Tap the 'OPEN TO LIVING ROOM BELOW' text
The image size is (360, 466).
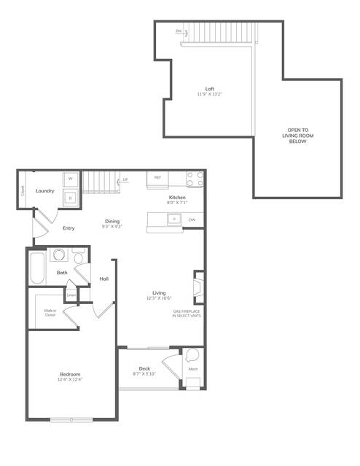click(x=297, y=136)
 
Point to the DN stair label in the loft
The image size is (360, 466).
click(x=179, y=31)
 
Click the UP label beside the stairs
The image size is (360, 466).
click(x=125, y=179)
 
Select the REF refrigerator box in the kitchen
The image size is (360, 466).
click(x=158, y=177)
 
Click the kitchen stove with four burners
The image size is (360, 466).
click(x=195, y=179)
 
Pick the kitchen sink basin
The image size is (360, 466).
click(x=175, y=219)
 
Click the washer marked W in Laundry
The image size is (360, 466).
click(x=71, y=179)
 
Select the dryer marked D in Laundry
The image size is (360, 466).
click(x=71, y=196)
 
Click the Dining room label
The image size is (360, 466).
click(x=112, y=221)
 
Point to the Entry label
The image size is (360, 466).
click(x=69, y=228)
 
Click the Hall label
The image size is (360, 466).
click(x=103, y=279)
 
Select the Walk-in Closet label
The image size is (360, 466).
click(x=50, y=313)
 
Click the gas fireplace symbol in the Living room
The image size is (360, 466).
click(x=197, y=287)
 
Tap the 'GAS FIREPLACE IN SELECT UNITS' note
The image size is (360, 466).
click(x=188, y=314)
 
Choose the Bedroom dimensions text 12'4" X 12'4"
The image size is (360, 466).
click(x=70, y=380)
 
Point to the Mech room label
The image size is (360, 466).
click(x=193, y=370)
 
